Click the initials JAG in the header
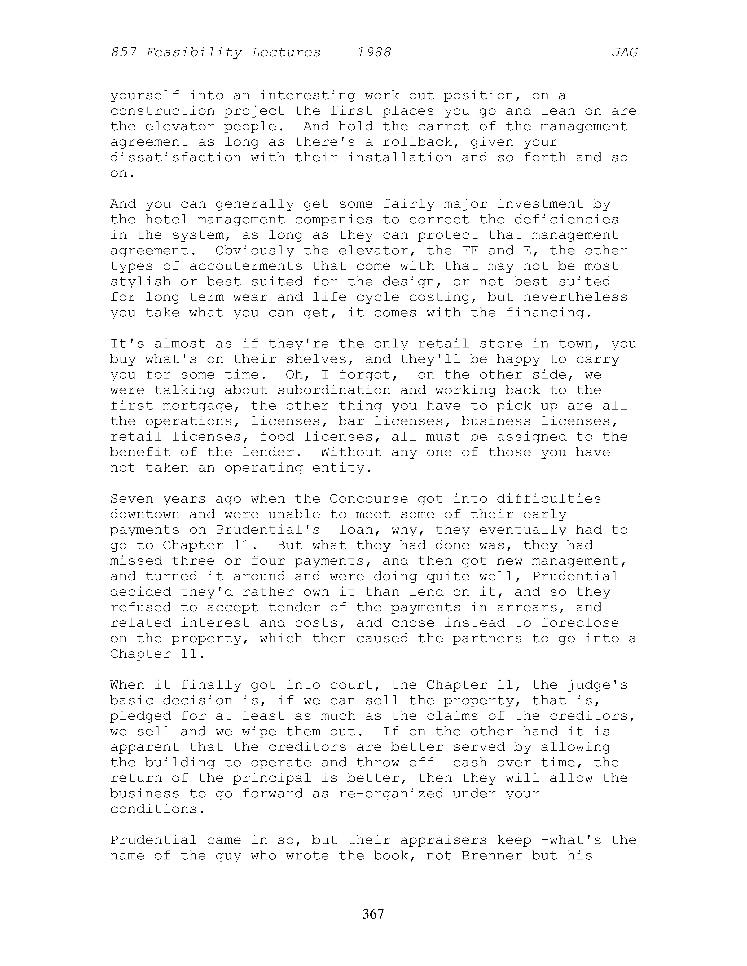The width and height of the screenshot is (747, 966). click(624, 53)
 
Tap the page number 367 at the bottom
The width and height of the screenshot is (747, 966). click(373, 913)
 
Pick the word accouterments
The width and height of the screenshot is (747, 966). click(246, 266)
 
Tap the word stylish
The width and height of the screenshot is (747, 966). click(141, 282)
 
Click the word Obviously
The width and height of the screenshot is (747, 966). click(255, 251)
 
